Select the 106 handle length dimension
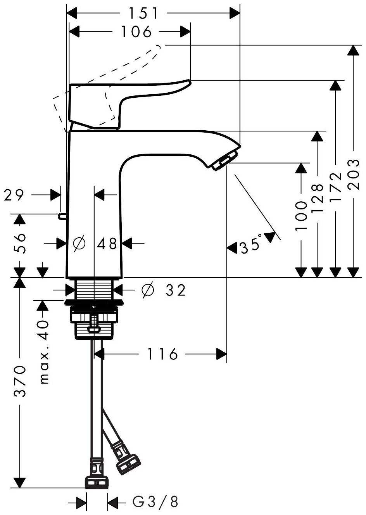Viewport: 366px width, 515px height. (136, 32)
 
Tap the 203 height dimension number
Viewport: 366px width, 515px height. (354, 175)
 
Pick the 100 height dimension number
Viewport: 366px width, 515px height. (301, 216)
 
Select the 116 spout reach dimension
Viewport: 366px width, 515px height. (162, 354)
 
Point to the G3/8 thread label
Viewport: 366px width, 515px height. (155, 502)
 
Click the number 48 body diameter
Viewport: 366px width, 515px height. (107, 244)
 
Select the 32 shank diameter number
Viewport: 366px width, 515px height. (176, 290)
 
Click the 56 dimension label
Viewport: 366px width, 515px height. (20, 243)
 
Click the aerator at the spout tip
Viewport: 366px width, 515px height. (224, 161)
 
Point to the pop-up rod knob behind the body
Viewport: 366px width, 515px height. (61, 216)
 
